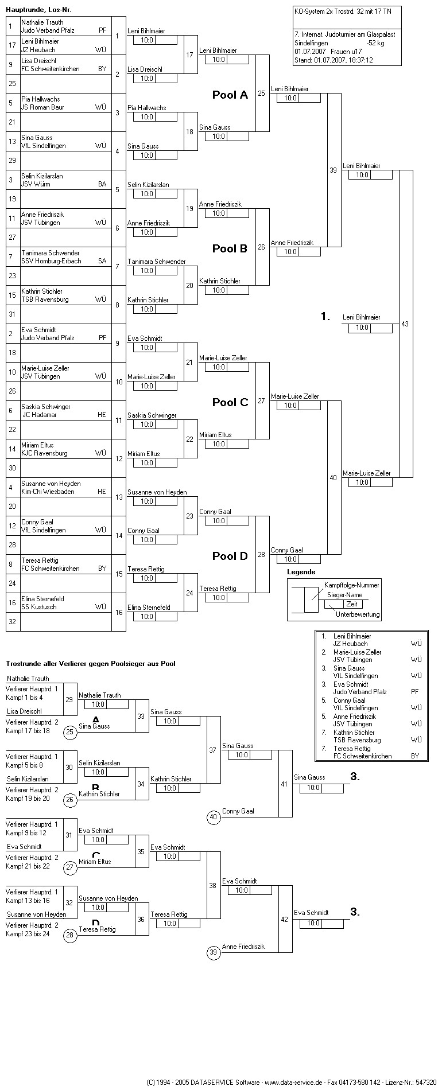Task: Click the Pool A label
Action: click(230, 95)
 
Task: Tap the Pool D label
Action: click(230, 556)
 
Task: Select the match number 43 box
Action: click(405, 324)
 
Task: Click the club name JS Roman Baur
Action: click(43, 107)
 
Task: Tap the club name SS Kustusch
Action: click(39, 607)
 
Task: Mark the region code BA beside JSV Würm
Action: click(102, 184)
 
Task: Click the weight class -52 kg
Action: click(376, 43)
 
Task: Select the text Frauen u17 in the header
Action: click(346, 52)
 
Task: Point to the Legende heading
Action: click(301, 572)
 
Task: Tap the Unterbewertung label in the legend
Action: click(358, 614)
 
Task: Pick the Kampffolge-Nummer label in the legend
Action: click(352, 585)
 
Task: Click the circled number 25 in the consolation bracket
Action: click(70, 731)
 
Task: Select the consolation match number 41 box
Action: click(285, 784)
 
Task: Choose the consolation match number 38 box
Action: click(213, 885)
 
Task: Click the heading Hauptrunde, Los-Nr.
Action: click(39, 10)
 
